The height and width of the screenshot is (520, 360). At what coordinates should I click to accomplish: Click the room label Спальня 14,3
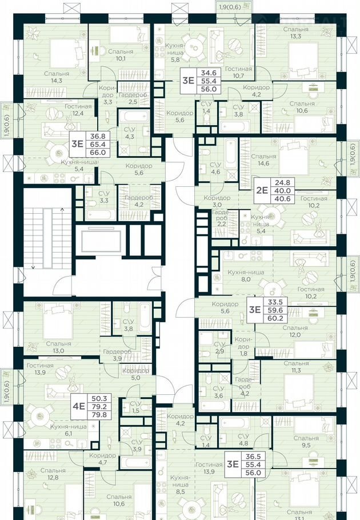click(57, 77)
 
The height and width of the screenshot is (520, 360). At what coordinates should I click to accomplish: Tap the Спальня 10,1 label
click(121, 55)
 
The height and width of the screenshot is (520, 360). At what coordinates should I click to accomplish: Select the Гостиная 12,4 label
click(78, 110)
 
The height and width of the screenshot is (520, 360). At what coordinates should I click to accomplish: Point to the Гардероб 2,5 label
click(133, 98)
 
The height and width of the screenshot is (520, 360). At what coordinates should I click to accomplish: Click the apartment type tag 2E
click(262, 190)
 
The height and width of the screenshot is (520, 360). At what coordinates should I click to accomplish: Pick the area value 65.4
click(98, 144)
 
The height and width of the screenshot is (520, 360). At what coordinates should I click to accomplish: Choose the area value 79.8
click(99, 414)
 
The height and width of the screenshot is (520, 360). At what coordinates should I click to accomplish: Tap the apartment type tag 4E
click(79, 406)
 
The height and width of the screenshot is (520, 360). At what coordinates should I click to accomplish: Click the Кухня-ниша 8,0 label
click(246, 275)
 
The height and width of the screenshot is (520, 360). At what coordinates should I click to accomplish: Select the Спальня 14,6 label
click(263, 159)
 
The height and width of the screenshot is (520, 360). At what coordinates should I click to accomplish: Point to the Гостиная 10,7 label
click(238, 73)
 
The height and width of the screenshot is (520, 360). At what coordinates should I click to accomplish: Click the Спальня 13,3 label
click(295, 33)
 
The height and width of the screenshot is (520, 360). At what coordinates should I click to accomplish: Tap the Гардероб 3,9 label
click(117, 355)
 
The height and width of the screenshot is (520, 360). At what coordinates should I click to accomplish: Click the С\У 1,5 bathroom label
click(136, 407)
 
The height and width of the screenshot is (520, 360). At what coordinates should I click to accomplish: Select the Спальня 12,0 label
click(295, 331)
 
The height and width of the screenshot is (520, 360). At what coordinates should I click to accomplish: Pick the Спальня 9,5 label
click(306, 442)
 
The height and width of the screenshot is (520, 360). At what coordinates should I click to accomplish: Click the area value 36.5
click(253, 457)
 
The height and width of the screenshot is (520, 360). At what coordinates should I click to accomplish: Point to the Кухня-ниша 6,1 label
click(69, 430)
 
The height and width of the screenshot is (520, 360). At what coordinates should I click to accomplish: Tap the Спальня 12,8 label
click(53, 474)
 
